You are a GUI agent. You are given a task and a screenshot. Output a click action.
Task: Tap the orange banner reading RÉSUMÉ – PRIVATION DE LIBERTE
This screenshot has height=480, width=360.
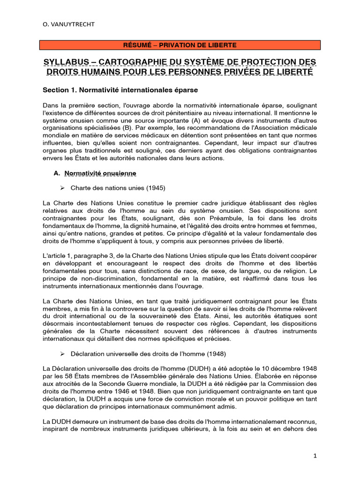[x=180, y=45]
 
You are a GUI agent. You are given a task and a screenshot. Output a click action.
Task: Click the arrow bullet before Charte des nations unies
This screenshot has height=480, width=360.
[x=61, y=188]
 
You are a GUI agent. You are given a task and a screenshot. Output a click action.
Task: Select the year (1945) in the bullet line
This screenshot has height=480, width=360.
[x=155, y=188]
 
